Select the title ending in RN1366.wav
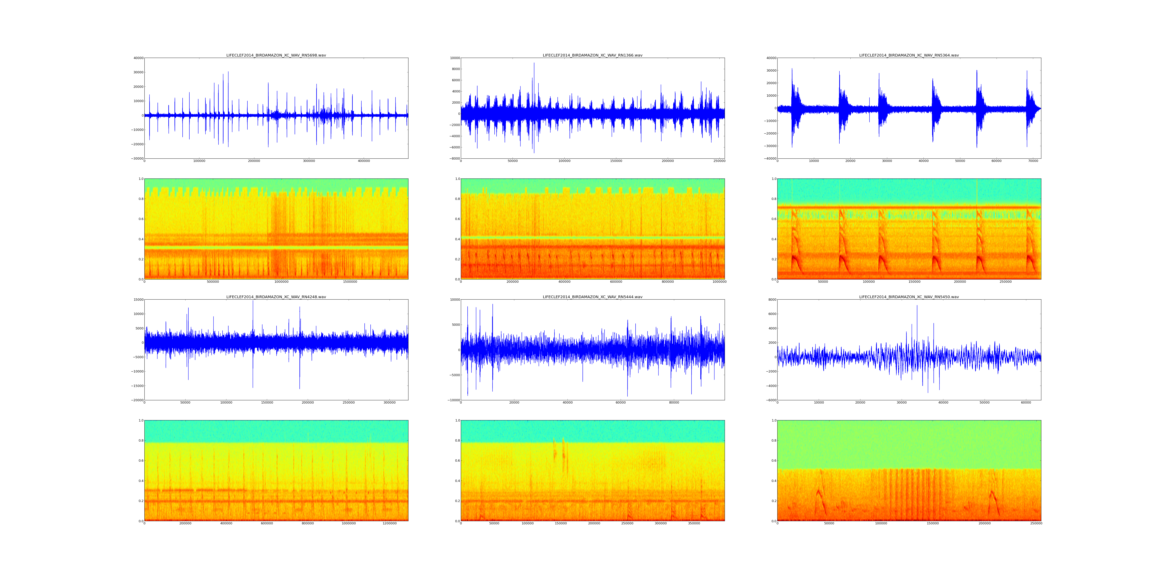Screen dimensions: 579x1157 [592, 55]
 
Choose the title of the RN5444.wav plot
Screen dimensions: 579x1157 [592, 297]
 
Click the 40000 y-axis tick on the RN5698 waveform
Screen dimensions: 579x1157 [138, 58]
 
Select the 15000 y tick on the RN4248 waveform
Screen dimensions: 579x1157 [138, 300]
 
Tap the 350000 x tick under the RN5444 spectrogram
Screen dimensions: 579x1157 [694, 523]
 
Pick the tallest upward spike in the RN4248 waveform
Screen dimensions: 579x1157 [253, 301]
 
